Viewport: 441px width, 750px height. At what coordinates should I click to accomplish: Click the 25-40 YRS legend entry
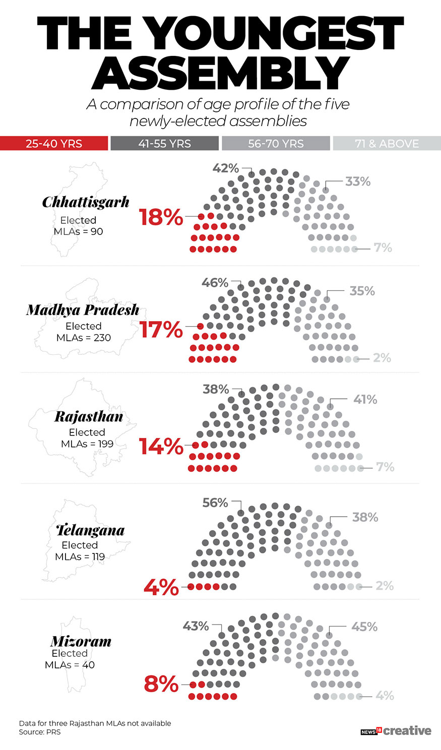54,144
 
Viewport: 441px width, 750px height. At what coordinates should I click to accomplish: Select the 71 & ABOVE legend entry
387,144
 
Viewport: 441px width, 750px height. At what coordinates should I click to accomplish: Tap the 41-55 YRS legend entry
164,144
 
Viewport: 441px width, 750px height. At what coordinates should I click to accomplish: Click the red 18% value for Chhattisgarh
161,217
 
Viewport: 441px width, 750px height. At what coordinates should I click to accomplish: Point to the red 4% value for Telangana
161,587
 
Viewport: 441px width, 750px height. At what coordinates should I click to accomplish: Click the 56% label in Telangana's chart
215,503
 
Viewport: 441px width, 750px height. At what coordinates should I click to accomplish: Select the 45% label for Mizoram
364,627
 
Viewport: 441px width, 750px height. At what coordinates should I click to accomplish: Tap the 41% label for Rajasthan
365,399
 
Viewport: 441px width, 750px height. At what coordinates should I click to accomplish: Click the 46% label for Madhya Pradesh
215,283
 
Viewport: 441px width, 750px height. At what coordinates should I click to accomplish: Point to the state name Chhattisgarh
86,202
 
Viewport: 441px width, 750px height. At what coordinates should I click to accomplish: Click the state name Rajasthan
89,417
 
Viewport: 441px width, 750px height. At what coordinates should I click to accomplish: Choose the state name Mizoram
81,642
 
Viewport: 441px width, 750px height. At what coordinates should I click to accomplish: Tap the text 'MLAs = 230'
84,338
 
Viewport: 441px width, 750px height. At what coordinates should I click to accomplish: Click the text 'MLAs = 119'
80,557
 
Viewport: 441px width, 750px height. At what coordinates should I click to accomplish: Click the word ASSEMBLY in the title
220,73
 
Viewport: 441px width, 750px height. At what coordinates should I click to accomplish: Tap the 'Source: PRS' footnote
40,732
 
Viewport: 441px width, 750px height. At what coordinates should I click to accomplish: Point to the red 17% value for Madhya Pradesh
161,330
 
